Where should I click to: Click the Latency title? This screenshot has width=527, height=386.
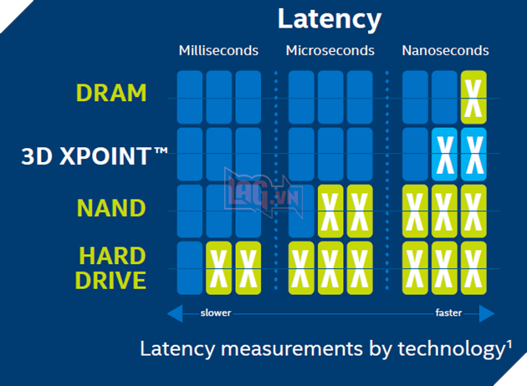pyautogui.click(x=330, y=18)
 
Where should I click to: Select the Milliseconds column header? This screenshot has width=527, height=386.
pyautogui.click(x=218, y=51)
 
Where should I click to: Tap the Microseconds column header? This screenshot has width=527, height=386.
pyautogui.click(x=330, y=51)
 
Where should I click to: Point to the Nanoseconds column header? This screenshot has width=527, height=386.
pyautogui.click(x=445, y=51)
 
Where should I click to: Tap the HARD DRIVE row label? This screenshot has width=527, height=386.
pyautogui.click(x=112, y=267)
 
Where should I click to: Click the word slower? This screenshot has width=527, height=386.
pyautogui.click(x=216, y=313)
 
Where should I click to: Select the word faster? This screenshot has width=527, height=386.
pyautogui.click(x=448, y=313)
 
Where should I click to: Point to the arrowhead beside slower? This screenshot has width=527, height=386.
pyautogui.click(x=176, y=313)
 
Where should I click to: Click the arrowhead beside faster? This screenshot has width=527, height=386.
pyautogui.click(x=487, y=313)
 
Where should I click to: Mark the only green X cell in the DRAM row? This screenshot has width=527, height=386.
pyautogui.click(x=474, y=97)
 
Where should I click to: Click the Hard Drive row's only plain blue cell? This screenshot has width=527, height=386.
pyautogui.click(x=190, y=267)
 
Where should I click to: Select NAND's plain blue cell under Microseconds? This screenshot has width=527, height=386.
pyautogui.click(x=301, y=211)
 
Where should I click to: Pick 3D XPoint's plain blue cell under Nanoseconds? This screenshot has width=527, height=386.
pyautogui.click(x=416, y=154)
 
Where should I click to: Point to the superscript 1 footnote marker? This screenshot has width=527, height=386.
pyautogui.click(x=509, y=343)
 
